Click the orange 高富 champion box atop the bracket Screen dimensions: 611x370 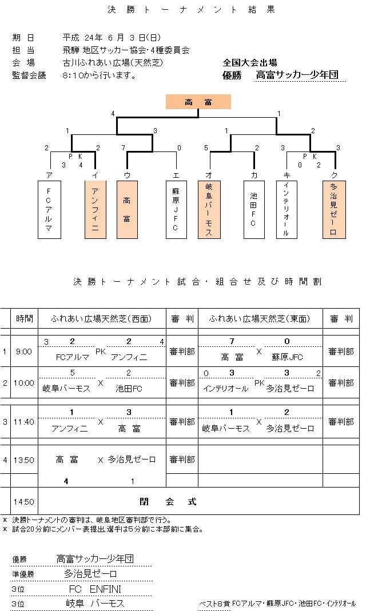pos(198,102)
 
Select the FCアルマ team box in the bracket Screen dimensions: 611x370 pos(49,209)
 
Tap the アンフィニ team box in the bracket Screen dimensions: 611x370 pos(95,209)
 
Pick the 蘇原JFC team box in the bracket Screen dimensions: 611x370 pos(176,209)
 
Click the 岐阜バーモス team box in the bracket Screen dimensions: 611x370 pos(209,209)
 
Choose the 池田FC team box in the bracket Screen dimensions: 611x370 pos(253,209)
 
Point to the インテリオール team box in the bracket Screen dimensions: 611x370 pos(287,209)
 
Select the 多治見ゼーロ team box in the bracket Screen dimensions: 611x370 pos(333,209)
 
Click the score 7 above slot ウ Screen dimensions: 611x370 pos(124,148)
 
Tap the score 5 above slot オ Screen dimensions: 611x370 pos(206,148)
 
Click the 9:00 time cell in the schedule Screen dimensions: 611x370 pos(24,352)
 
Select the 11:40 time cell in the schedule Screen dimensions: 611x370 pos(24,422)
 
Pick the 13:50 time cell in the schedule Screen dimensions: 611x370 pos(24,460)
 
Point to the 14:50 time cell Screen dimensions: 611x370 pos(24,502)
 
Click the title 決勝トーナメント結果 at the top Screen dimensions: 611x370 pos(186,10)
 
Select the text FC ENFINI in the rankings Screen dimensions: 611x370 pos(95,589)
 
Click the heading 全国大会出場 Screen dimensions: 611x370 pos(250,63)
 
